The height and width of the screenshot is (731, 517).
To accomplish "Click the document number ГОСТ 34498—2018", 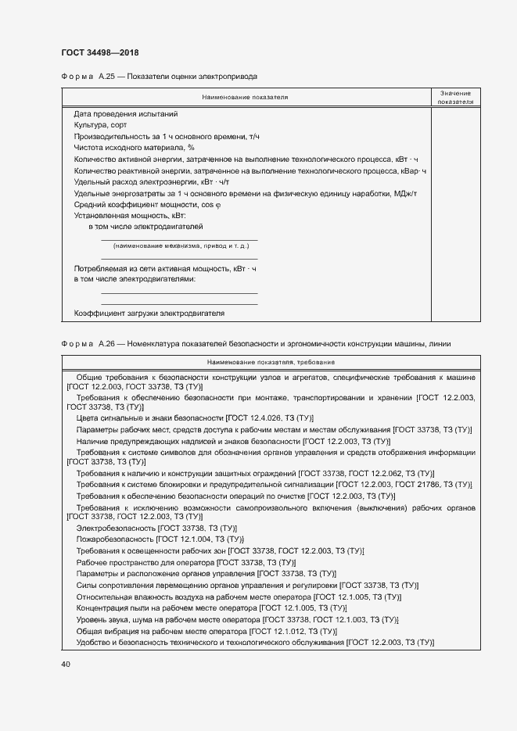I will click(x=101, y=52).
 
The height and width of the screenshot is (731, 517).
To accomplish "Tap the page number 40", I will click(x=65, y=664).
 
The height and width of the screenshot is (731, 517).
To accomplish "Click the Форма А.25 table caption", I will click(x=159, y=77).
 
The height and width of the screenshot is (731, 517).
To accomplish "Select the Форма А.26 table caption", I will click(x=256, y=343).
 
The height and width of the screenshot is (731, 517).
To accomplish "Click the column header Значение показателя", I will click(x=455, y=97).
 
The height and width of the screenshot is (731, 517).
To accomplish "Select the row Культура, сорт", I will click(x=100, y=125).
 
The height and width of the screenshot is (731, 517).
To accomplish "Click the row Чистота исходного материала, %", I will click(x=134, y=147).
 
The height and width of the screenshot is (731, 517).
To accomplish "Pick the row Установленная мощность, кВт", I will click(x=130, y=214).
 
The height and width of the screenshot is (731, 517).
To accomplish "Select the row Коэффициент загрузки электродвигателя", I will click(x=149, y=313).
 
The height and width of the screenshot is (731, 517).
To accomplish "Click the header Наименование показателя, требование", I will click(x=271, y=362).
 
